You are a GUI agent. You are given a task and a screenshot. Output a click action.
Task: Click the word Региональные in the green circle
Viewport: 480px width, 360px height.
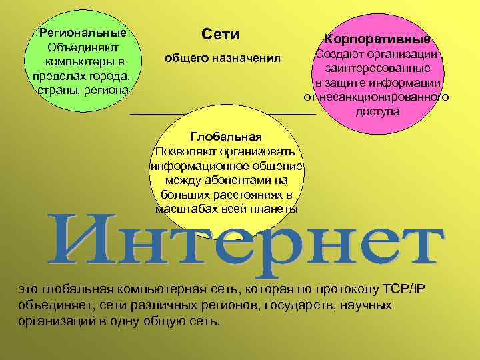tap(83, 32)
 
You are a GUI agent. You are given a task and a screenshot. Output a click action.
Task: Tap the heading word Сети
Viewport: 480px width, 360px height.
tap(220, 34)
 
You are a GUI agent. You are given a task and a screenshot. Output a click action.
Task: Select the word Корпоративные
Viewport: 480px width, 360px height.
tap(377, 39)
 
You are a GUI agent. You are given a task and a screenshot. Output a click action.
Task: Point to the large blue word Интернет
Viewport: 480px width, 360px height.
tap(245, 244)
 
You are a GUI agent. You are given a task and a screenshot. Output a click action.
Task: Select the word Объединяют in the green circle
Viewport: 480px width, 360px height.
tap(83, 48)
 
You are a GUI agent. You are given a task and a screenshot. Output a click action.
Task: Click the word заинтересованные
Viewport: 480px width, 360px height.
tap(377, 69)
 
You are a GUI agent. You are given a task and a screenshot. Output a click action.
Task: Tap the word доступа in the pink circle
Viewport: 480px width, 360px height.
tap(377, 111)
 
